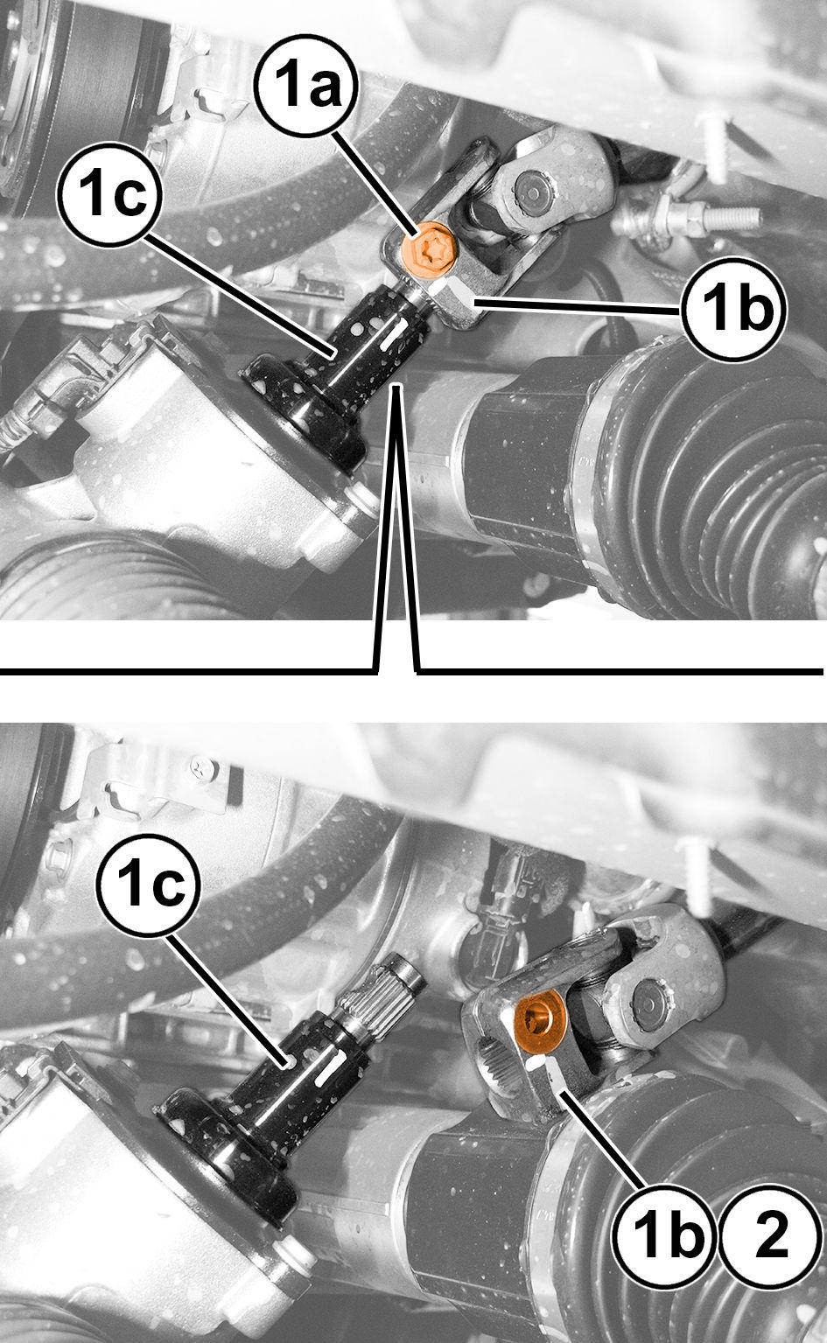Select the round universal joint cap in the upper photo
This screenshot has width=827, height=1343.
(532, 188)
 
